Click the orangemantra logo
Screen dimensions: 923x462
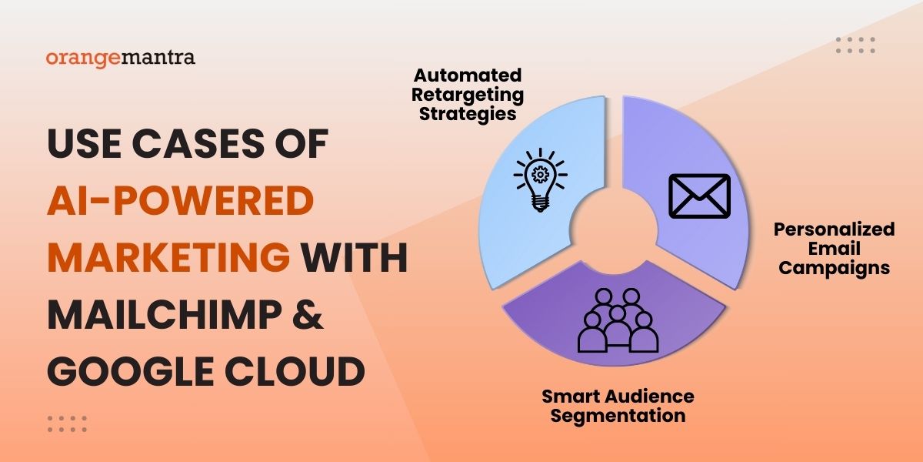120,59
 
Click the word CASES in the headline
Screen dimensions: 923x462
198,143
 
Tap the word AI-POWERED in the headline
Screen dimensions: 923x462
181,200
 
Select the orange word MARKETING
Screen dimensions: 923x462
168,257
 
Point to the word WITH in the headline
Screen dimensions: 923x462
354,257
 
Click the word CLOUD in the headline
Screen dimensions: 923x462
295,371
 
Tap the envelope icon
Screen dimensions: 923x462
699,196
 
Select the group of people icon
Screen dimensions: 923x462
618,320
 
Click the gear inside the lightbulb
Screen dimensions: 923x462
540,174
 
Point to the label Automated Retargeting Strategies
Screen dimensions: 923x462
468,95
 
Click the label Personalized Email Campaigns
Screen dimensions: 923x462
834,249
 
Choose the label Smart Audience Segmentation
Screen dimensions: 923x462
618,406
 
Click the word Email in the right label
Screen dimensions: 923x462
834,249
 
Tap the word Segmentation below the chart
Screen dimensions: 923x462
618,416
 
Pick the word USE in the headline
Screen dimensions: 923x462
85,143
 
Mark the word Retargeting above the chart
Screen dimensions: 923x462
468,95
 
